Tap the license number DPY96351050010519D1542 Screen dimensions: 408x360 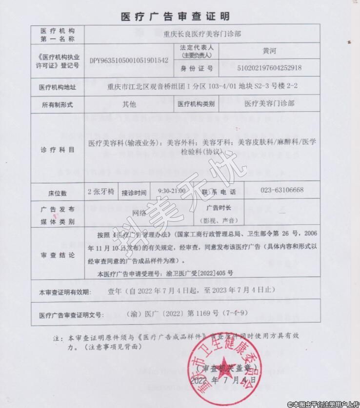coord(129,60)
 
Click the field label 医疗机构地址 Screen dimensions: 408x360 coord(58,87)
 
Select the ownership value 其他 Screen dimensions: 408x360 coord(129,104)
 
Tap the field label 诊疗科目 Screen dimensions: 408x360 coord(58,149)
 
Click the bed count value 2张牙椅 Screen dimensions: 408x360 coord(101,190)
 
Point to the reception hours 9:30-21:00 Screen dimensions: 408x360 coord(172,190)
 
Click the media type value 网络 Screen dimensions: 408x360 coord(140,213)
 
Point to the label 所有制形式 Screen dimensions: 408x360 coord(58,104)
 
